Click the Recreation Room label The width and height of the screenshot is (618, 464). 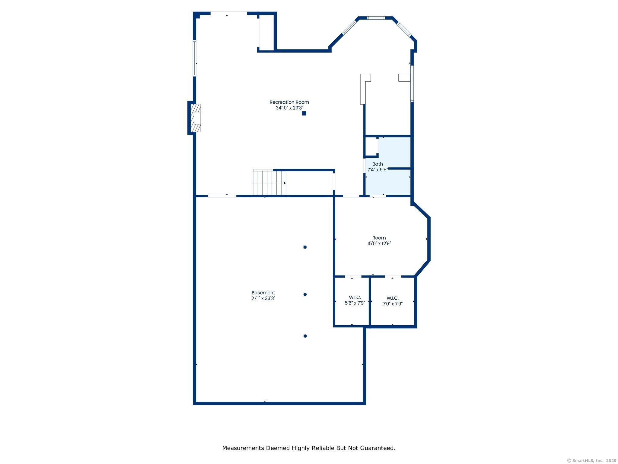289,102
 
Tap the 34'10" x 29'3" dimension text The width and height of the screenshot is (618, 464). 289,108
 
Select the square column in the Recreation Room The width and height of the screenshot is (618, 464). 304,113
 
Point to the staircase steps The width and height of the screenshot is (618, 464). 269,183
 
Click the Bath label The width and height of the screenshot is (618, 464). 377,164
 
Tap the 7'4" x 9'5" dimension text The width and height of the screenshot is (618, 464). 377,170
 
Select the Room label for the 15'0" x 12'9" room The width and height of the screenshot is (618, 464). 379,238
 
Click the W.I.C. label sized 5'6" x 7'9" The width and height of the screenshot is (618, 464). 355,298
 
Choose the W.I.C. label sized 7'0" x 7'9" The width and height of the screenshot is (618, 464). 393,298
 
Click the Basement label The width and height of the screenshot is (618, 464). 263,293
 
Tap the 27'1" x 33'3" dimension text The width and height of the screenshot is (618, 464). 263,298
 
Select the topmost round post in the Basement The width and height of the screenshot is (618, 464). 305,247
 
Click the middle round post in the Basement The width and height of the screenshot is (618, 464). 305,294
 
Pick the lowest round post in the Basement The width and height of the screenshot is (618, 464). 305,336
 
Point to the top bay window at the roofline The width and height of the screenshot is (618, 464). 376,18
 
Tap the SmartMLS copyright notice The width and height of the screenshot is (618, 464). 591,460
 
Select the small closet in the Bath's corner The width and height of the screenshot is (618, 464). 372,147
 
